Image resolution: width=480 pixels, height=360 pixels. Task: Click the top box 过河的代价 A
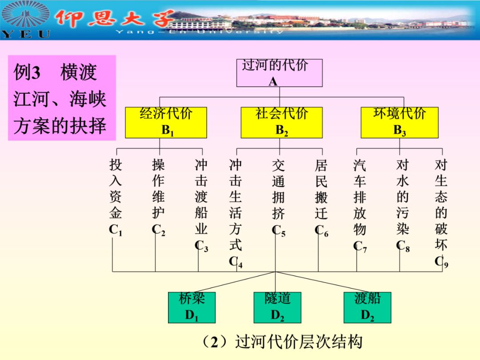279,73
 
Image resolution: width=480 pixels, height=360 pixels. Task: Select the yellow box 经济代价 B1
166,122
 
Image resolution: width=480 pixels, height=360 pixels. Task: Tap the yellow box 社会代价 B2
281,122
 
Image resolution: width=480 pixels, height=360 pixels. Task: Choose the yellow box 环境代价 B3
399,122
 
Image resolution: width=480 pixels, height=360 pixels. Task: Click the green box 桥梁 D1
192,307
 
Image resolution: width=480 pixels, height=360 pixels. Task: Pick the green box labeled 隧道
277,307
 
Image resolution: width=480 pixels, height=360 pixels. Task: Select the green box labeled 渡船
367,307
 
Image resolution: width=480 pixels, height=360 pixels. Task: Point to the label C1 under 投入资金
115,230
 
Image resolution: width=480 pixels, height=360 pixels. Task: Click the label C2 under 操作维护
158,230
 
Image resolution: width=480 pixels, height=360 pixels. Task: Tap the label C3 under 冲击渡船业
201,246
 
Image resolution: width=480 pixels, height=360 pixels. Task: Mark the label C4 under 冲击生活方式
236,262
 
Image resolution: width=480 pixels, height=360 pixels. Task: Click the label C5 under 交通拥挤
278,230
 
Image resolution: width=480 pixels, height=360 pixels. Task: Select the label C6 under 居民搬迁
321,230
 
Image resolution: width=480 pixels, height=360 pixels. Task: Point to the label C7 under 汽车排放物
360,246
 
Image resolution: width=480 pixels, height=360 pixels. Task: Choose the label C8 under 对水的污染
403,246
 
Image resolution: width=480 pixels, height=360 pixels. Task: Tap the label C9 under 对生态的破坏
441,262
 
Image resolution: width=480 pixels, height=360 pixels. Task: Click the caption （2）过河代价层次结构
281,342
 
